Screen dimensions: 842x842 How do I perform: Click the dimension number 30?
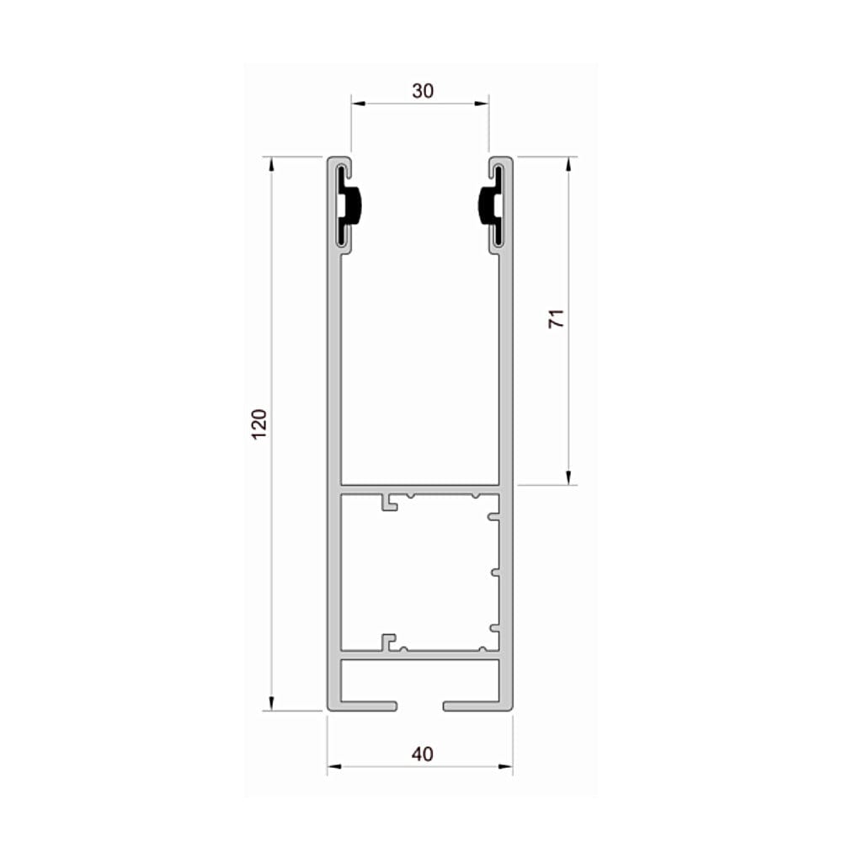(x=423, y=91)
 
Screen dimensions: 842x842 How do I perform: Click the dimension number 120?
(x=259, y=424)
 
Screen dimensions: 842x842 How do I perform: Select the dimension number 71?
(x=557, y=319)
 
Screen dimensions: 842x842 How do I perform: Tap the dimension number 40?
(x=423, y=754)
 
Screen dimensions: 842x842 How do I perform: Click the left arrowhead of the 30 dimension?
(x=358, y=104)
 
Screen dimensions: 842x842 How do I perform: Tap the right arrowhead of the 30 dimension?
(x=482, y=104)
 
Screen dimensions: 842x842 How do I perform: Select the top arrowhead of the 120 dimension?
(x=271, y=164)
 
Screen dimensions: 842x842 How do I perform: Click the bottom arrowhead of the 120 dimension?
(x=271, y=703)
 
